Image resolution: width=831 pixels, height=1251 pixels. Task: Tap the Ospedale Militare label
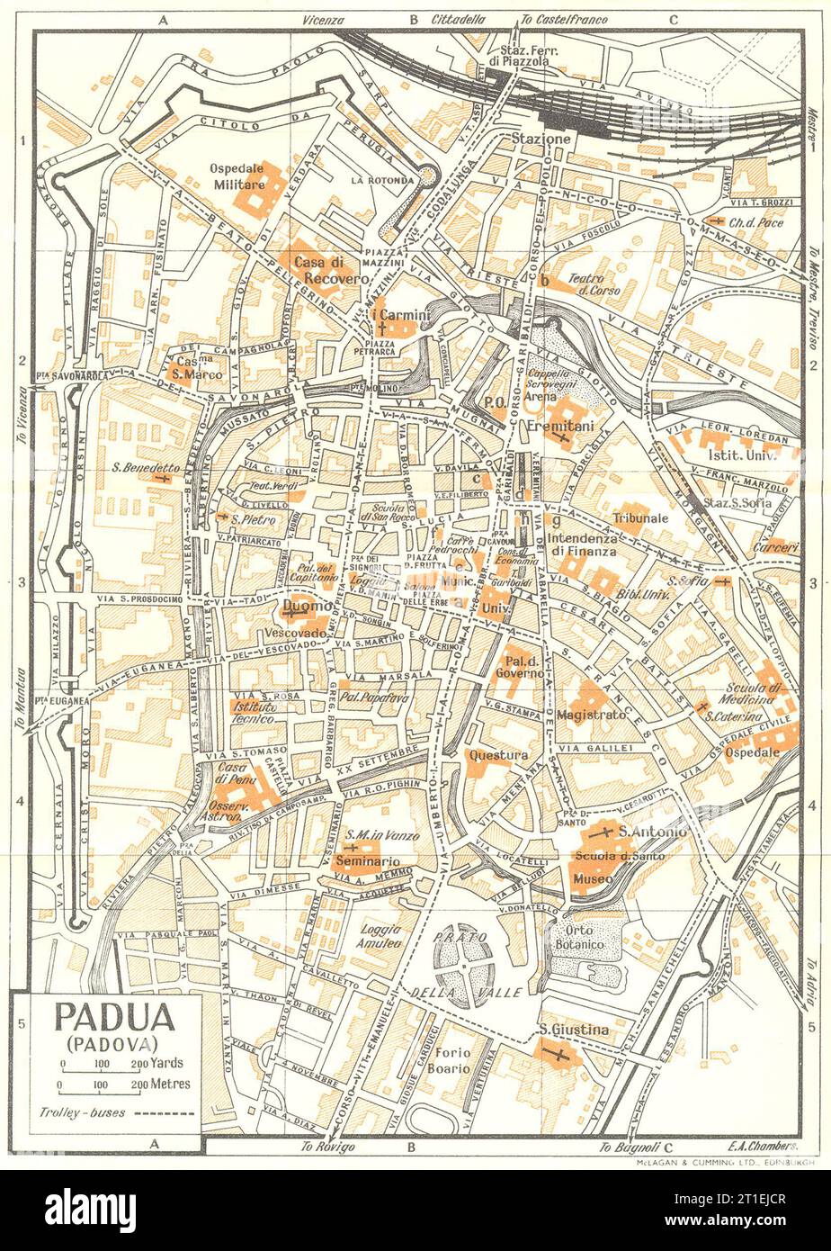tap(237, 175)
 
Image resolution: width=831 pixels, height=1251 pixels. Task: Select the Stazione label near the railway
tap(541, 139)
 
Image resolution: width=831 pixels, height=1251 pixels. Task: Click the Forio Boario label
tap(449, 1060)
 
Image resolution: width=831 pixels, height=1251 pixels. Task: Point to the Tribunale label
tap(640, 518)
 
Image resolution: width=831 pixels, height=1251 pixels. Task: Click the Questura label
tap(498, 755)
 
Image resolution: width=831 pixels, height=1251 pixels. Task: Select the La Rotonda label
tap(383, 180)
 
